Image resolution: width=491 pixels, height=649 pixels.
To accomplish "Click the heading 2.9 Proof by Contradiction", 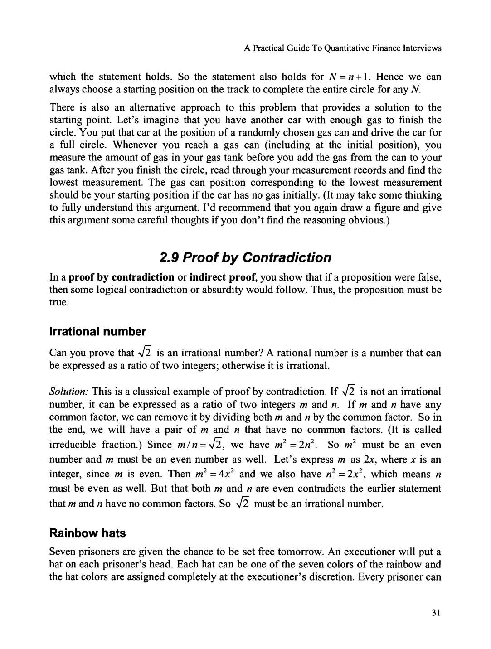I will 245,257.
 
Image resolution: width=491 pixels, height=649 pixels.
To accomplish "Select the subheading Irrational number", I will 97,332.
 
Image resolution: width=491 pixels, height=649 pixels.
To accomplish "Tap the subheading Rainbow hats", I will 87,533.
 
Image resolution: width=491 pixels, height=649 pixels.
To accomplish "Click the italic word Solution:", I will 68,392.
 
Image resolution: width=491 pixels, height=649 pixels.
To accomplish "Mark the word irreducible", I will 73,445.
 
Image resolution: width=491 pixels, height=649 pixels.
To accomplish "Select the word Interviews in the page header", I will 422,48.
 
